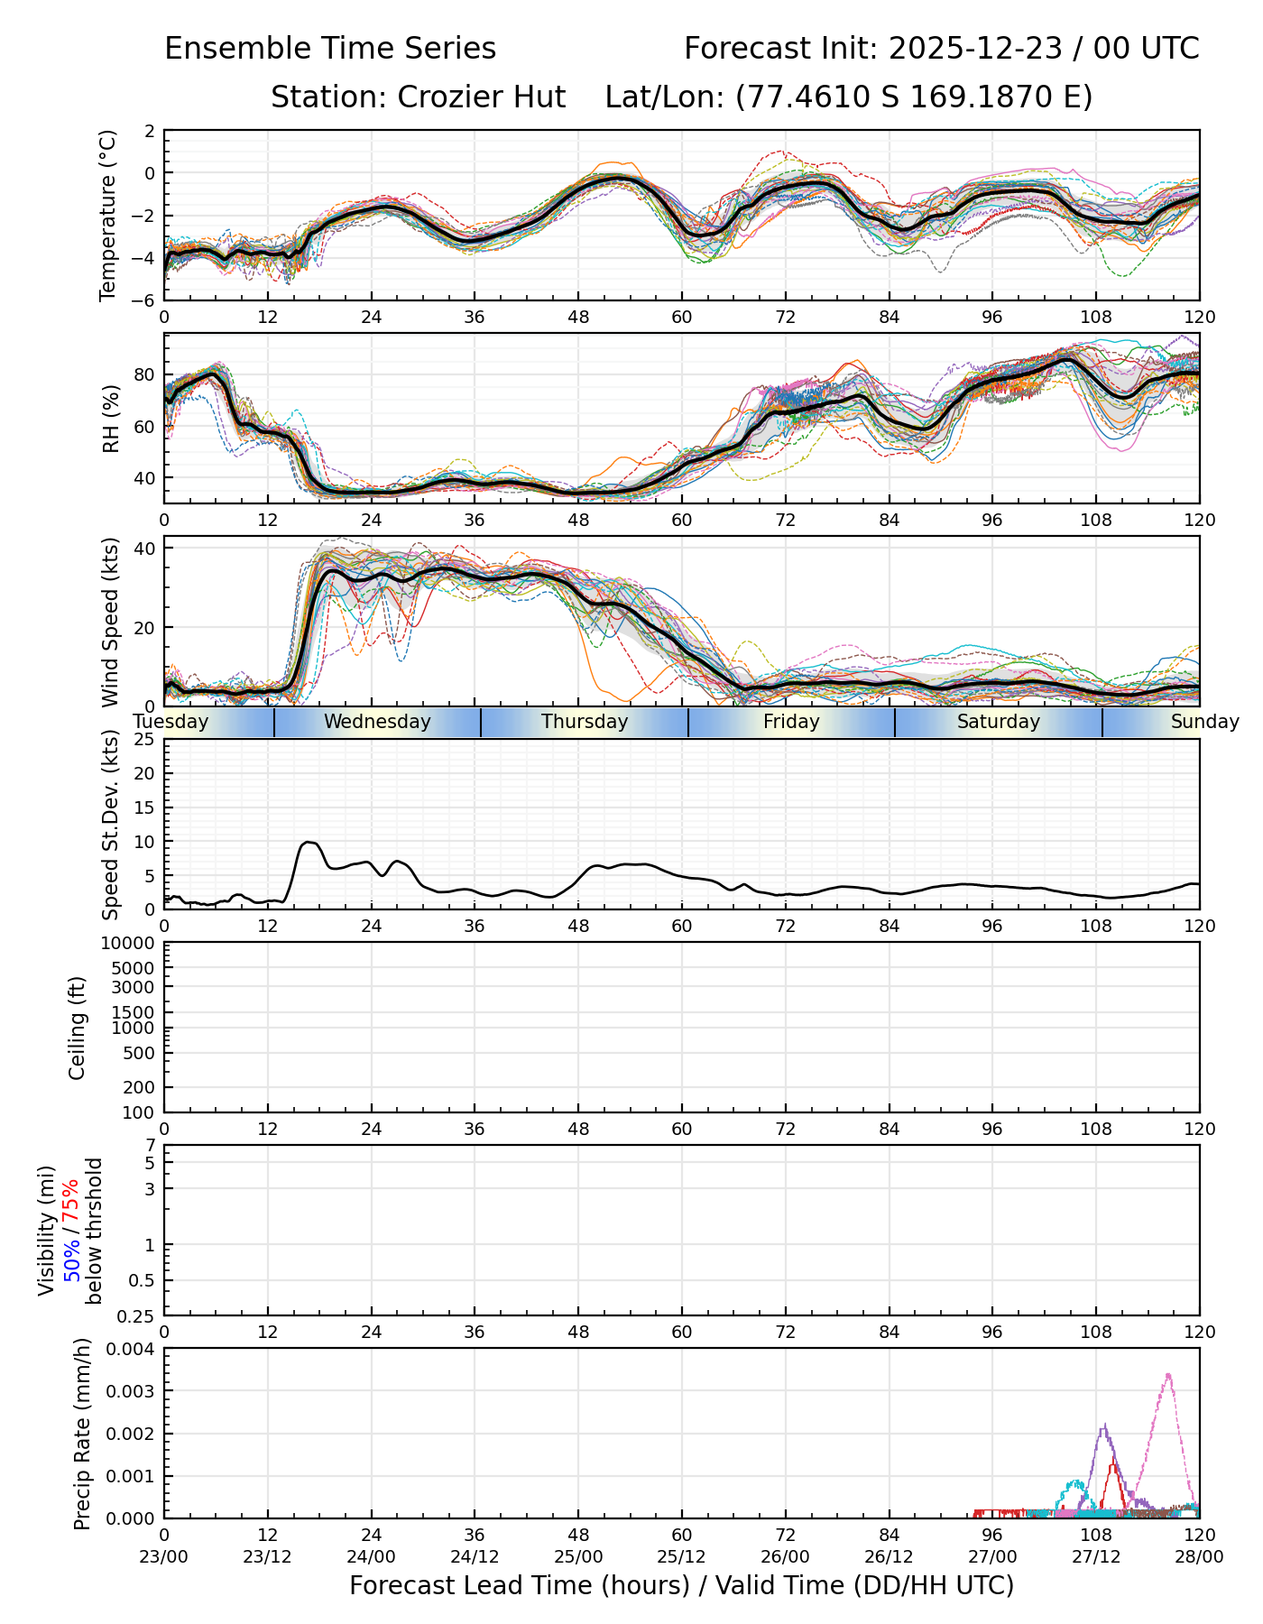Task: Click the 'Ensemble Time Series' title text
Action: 330,49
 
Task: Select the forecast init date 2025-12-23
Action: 976,49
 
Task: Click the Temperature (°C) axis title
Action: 108,215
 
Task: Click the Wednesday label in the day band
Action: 377,722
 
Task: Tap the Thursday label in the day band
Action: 585,722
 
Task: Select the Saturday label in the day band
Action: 999,722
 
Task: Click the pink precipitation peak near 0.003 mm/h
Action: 1168,1375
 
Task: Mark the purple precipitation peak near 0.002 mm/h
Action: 1104,1426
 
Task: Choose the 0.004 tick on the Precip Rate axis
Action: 131,1349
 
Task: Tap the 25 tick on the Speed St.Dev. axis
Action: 144,740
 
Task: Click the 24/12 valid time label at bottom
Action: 475,1557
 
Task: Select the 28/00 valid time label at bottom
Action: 1199,1557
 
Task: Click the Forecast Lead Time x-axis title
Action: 681,1586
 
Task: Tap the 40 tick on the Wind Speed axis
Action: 144,549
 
